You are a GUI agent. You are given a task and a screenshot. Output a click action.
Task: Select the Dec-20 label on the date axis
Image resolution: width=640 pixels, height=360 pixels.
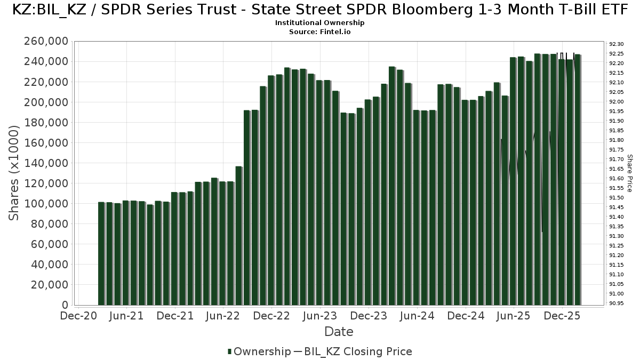[x=78, y=316]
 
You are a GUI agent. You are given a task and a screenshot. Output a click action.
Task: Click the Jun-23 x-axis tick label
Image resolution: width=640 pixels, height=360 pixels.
[x=320, y=316]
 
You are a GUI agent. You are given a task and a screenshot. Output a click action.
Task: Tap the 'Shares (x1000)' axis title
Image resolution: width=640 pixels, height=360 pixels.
[x=14, y=172]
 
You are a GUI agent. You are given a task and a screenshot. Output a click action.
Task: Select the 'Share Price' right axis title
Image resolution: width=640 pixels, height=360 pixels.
[x=630, y=173]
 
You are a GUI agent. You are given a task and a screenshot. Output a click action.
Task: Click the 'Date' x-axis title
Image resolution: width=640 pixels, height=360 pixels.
[x=339, y=332]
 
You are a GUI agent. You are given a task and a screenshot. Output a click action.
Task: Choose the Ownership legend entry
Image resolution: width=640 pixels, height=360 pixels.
[x=258, y=351]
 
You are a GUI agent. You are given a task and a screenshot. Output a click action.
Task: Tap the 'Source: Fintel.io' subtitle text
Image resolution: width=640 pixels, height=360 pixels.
[x=320, y=32]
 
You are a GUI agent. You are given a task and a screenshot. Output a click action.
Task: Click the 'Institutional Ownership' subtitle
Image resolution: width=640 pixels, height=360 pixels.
[x=320, y=23]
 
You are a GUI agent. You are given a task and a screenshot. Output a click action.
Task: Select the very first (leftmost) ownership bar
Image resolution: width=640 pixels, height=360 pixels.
[x=101, y=253]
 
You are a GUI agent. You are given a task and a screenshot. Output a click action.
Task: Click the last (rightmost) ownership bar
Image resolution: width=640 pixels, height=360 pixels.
[x=577, y=180]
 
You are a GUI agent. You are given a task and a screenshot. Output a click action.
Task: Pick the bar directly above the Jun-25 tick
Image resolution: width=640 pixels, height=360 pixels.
[x=513, y=181]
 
